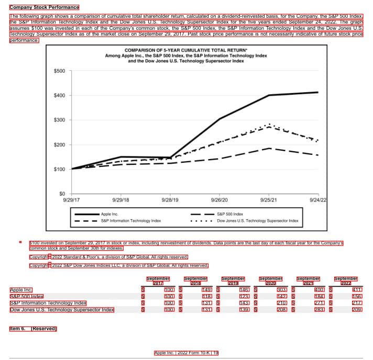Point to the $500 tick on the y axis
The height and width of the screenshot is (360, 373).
coord(59,71)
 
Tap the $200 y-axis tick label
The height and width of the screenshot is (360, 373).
coord(59,145)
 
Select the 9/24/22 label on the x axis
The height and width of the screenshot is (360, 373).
coord(318,200)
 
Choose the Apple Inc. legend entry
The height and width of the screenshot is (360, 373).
coord(109,214)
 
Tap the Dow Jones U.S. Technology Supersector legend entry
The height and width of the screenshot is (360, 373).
coord(257,221)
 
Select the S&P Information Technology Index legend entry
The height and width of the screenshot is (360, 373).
coord(130,221)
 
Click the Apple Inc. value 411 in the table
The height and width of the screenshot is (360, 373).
coord(357,289)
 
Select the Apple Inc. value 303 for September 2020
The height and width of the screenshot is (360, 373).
coord(281,289)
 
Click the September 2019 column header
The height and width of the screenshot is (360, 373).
coord(233,280)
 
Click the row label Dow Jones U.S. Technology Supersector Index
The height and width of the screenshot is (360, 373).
coord(62,310)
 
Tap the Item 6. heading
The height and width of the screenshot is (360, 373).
coord(33,329)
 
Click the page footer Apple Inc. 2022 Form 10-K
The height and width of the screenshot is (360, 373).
coord(186,353)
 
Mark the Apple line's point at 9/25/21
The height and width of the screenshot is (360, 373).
coord(269,95)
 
